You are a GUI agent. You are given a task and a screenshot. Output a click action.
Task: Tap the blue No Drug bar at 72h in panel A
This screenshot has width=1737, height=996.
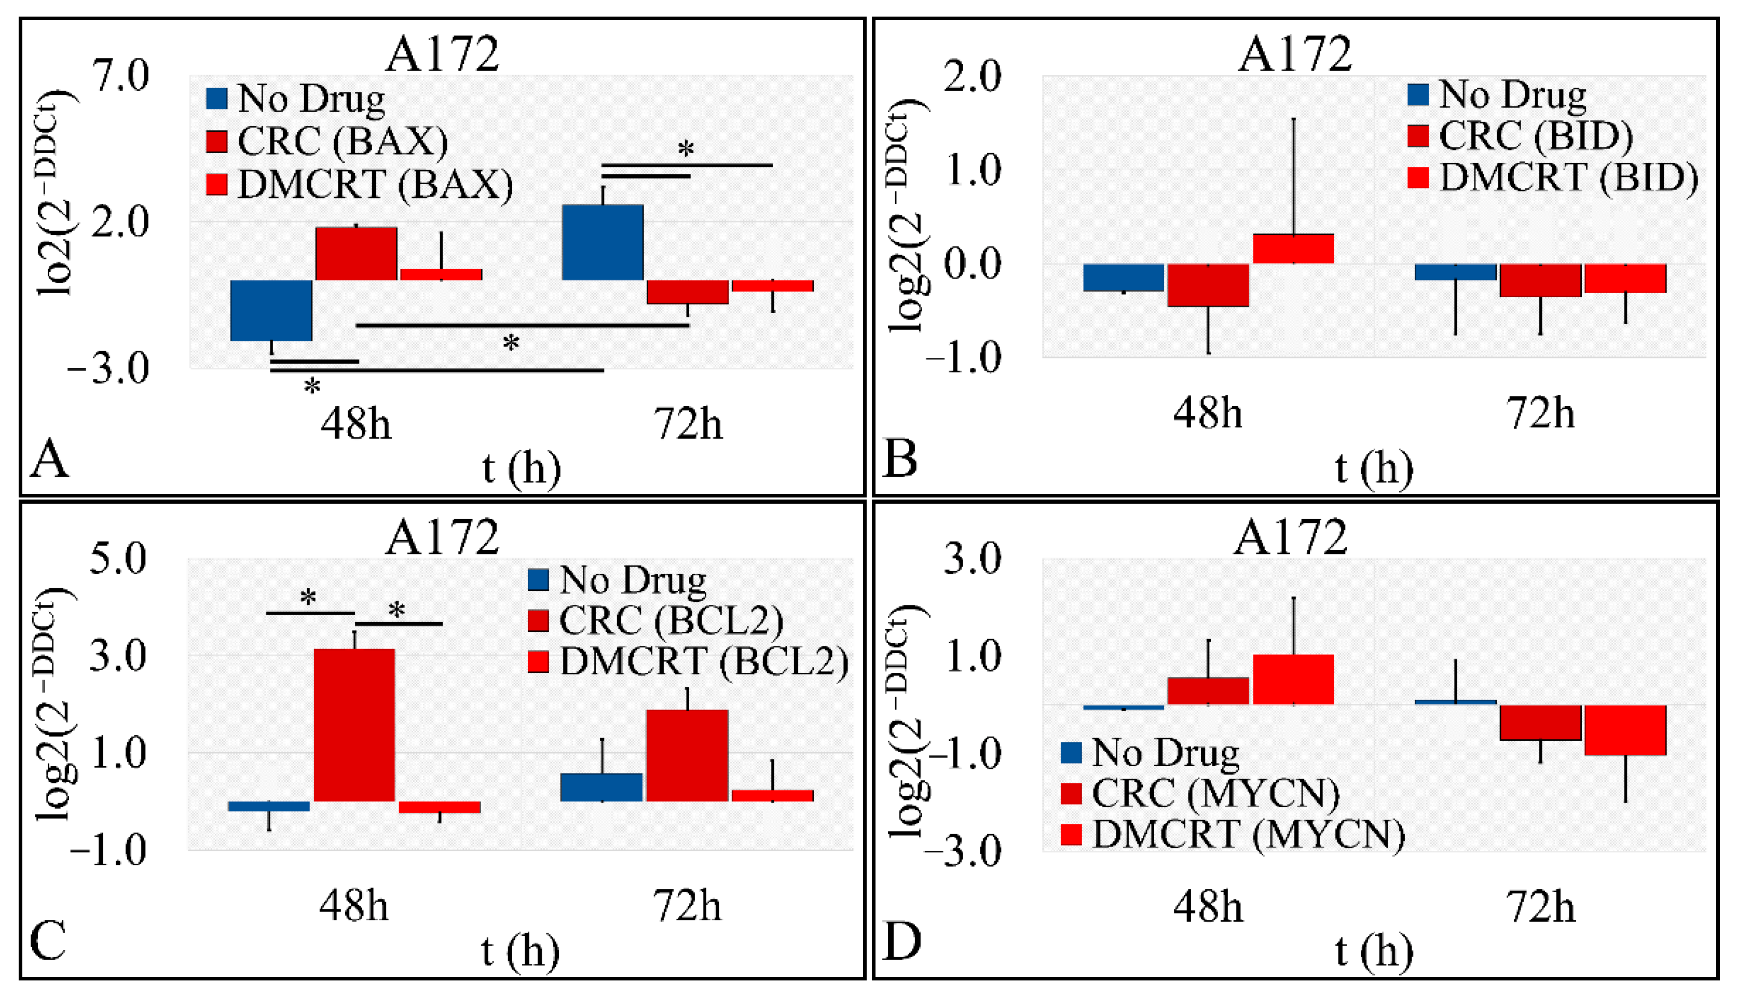602,242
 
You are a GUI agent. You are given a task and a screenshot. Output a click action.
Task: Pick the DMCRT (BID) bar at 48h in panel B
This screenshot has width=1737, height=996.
1293,248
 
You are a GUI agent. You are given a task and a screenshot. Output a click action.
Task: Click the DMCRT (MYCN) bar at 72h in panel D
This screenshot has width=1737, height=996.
1625,730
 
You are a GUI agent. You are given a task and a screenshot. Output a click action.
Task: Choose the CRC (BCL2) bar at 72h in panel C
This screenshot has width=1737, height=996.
687,755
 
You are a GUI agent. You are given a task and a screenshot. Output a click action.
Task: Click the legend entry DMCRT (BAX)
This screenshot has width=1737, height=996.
375,185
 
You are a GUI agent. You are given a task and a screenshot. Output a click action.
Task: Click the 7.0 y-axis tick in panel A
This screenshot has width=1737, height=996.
121,75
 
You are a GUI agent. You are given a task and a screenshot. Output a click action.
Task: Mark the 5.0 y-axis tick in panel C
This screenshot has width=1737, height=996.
118,558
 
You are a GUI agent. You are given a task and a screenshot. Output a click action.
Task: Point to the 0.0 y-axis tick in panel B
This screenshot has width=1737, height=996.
972,264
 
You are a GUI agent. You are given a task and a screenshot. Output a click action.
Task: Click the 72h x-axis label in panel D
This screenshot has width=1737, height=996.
1541,907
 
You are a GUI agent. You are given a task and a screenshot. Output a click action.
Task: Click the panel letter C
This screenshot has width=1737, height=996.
48,940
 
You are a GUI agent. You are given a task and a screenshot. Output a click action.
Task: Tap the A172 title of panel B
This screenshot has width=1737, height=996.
1294,54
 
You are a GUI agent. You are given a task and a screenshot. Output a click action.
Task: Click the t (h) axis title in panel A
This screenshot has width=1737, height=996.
521,469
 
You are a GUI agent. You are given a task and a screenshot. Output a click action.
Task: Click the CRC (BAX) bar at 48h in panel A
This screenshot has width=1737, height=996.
355,253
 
